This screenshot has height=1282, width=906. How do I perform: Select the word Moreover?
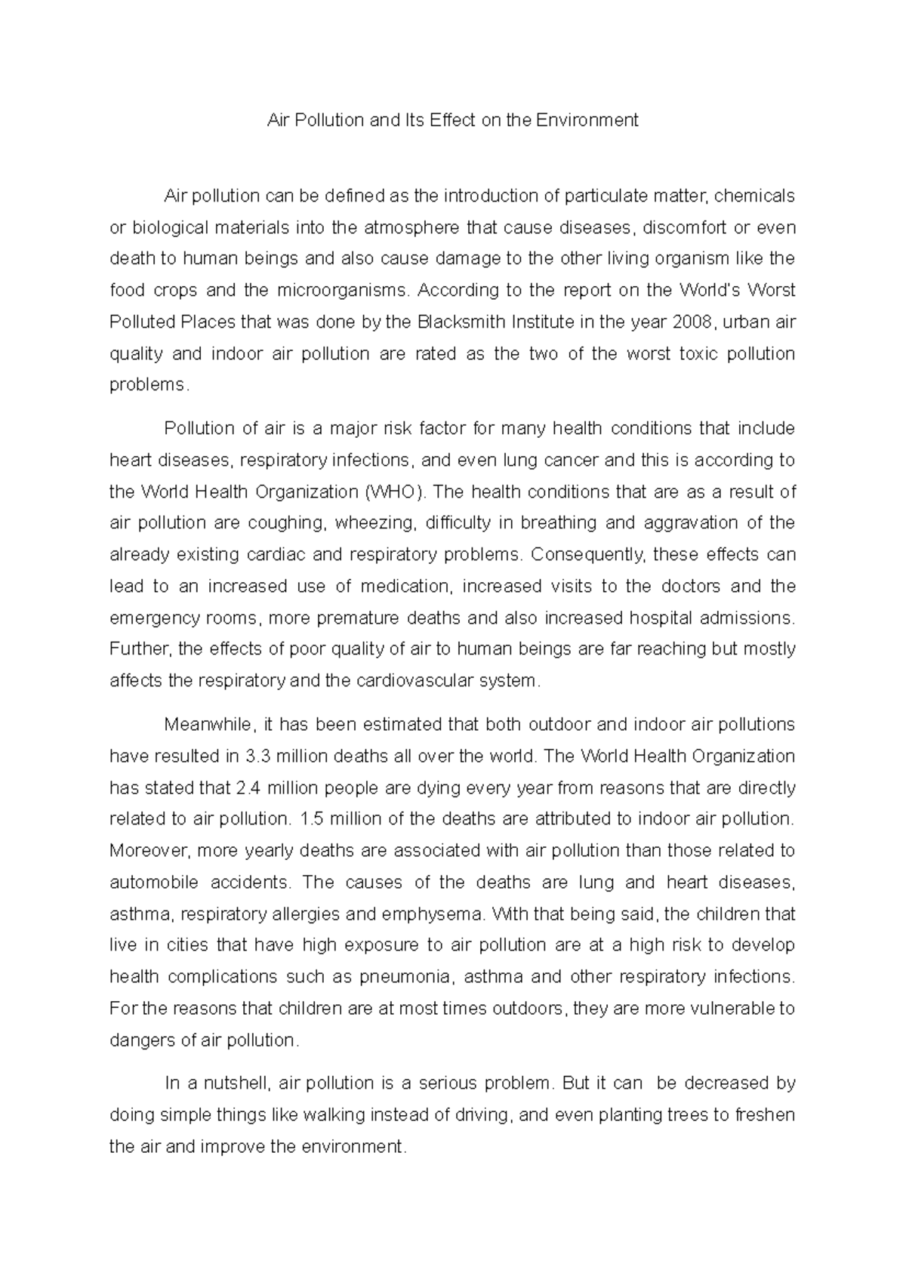(x=143, y=851)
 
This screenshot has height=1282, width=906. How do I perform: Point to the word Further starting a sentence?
(x=134, y=649)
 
